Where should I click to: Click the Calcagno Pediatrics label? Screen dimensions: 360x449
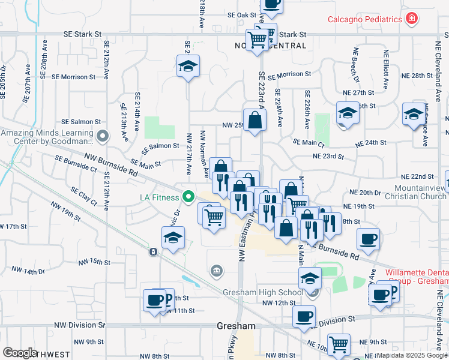point(364,19)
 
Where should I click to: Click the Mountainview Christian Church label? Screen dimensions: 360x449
point(412,192)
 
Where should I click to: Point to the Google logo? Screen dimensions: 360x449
point(20,353)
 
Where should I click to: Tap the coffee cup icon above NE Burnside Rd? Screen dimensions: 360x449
point(368,239)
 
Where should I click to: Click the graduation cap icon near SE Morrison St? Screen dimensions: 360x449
point(188,66)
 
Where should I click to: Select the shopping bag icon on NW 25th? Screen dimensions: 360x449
point(255,119)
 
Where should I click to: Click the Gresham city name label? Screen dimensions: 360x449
point(236,326)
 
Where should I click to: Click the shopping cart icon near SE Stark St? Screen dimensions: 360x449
point(258,40)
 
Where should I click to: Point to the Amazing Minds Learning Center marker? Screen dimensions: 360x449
point(103,137)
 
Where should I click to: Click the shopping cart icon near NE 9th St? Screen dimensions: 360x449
point(339,345)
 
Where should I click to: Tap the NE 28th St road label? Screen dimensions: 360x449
point(417,76)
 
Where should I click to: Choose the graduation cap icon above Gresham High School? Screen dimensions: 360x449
point(310,278)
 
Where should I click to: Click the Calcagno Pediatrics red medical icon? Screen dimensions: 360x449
point(411,19)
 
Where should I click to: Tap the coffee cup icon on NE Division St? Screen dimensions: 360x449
point(304,316)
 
